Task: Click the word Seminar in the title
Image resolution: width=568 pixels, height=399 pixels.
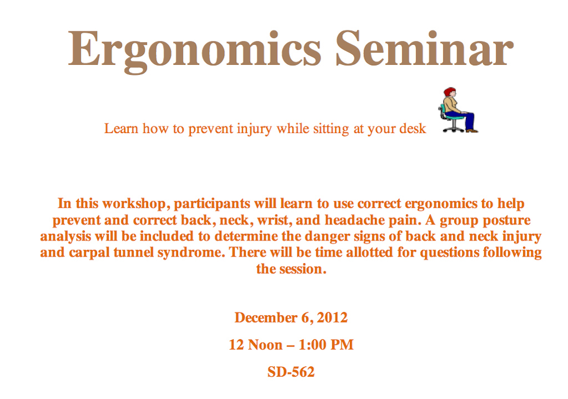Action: coord(424,49)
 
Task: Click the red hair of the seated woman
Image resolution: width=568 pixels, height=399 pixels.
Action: coord(449,91)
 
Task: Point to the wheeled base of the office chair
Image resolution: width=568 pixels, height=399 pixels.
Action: coord(453,127)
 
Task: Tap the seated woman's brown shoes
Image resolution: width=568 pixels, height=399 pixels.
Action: coord(471,130)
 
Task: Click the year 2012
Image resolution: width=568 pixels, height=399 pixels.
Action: coord(332,318)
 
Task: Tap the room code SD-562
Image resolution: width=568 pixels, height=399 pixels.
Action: coord(291,372)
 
